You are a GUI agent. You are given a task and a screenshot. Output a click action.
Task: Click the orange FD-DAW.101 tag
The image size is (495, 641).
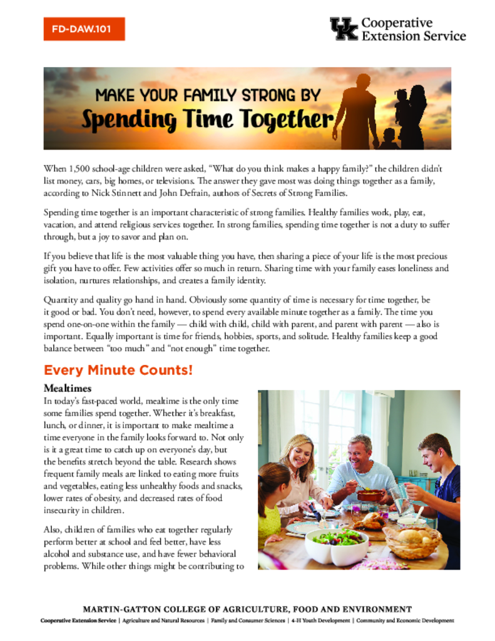coord(84,29)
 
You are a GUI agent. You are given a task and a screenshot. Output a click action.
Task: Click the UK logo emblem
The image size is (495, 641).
coord(344,29)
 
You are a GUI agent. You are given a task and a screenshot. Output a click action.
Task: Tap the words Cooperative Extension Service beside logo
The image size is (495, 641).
coord(414,29)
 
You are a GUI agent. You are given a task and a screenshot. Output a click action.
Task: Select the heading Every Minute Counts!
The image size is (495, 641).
coord(118,370)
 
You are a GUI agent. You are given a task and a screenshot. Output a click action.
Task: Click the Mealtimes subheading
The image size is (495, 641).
coord(67,388)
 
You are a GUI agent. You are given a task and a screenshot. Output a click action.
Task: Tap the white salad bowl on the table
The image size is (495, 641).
coord(336,545)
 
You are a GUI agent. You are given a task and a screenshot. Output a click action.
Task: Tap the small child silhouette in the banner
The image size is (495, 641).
coord(387,138)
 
